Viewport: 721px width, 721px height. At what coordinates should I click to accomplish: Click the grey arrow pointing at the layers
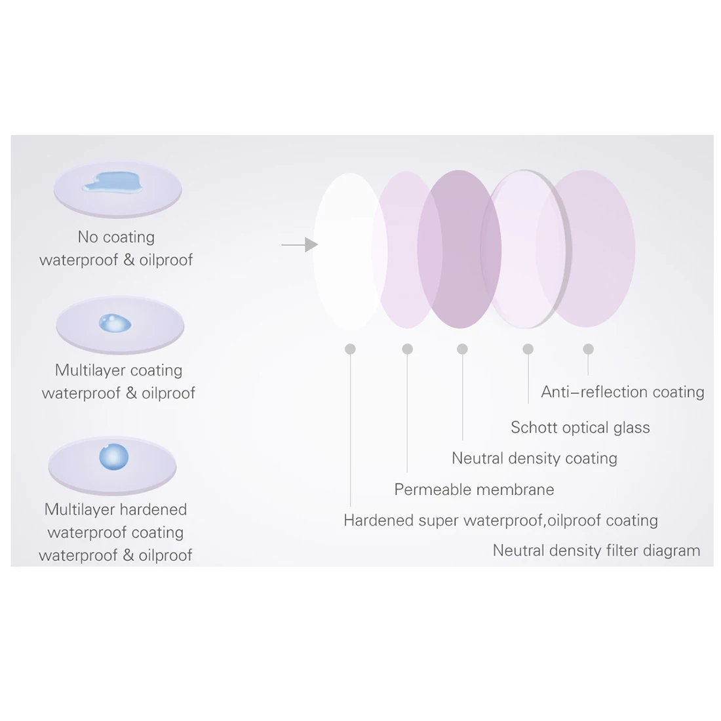(300, 244)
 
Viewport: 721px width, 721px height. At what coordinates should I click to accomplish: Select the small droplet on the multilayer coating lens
(115, 322)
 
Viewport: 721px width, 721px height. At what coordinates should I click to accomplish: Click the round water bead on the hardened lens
(114, 457)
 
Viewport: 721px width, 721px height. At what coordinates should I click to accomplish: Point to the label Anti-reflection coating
(622, 392)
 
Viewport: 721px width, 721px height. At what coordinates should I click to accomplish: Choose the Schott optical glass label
(580, 427)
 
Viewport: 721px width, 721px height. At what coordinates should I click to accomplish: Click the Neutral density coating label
(534, 458)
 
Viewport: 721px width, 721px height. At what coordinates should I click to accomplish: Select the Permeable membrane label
(474, 489)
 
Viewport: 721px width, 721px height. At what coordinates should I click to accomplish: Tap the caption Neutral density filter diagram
(596, 550)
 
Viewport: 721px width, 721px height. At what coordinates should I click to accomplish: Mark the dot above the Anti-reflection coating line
(588, 349)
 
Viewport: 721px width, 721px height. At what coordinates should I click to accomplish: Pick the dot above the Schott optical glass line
(528, 349)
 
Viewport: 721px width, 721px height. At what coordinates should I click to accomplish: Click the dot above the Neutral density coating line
(462, 349)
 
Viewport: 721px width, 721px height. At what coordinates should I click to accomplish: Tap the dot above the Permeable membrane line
(407, 349)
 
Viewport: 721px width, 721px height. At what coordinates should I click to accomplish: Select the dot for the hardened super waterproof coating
(350, 349)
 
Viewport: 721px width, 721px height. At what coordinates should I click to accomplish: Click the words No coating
(116, 237)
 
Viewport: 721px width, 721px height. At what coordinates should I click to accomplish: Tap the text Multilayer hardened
(115, 509)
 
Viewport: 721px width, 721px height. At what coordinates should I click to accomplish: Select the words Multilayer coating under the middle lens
(119, 370)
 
